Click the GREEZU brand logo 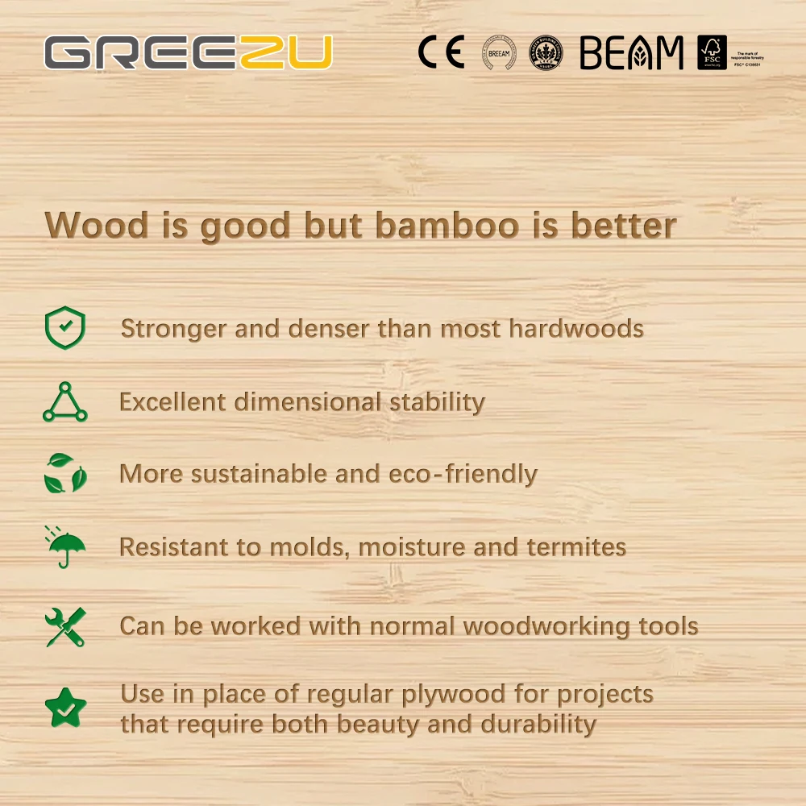pos(188,53)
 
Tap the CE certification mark pos(441,53)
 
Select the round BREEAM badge pos(499,53)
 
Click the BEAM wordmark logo pos(631,53)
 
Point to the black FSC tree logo pos(712,52)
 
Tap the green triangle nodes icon pos(64,402)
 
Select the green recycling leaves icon pos(64,473)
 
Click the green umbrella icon pos(64,546)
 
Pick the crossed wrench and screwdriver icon pos(64,627)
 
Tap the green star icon pos(64,707)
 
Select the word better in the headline pos(623,226)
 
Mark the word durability pos(537,724)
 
